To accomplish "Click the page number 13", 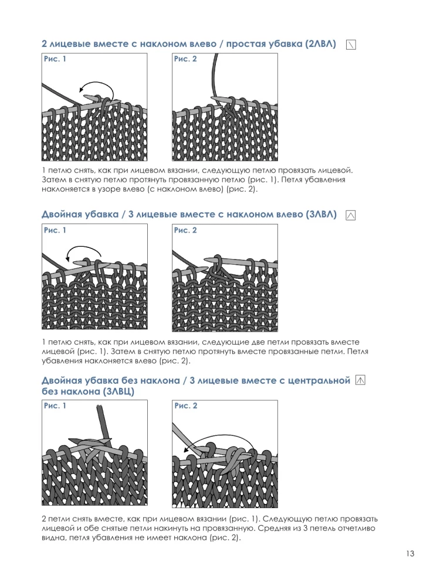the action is (410, 554).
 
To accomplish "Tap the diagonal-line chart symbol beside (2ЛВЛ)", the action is (351, 45).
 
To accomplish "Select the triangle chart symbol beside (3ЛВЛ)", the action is (350, 215).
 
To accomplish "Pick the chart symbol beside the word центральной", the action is (360, 380).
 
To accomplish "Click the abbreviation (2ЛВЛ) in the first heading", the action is (320, 44).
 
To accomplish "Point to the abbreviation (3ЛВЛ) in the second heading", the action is (321, 214).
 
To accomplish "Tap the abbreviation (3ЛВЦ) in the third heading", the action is (118, 391).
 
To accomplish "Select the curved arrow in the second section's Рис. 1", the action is (84, 247).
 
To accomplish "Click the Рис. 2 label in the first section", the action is (185, 59).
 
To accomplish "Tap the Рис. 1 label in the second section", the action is (55, 230).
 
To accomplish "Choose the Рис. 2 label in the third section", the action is (185, 406).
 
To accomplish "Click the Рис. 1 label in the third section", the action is (55, 406).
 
